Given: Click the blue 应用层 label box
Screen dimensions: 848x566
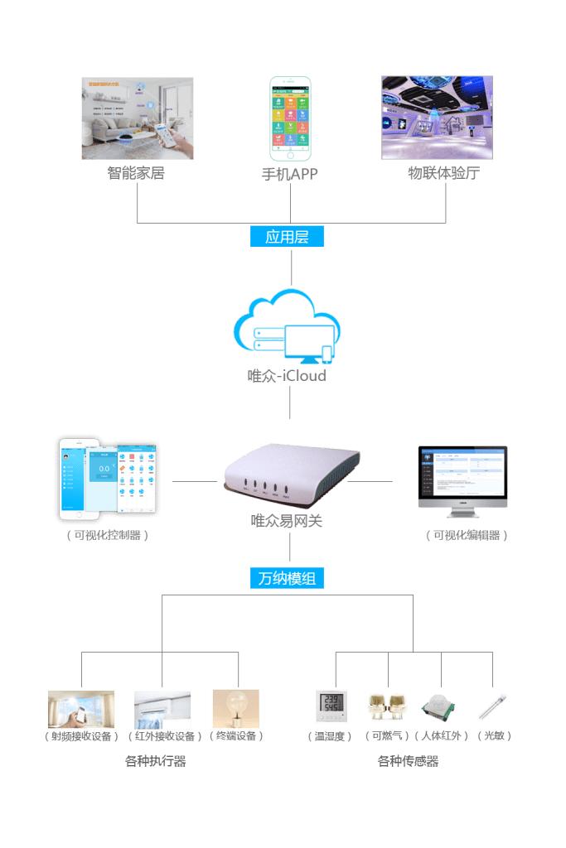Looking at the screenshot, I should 287,237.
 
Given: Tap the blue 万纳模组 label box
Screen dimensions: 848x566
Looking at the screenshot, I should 287,578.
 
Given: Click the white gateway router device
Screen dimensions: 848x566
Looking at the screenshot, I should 291,473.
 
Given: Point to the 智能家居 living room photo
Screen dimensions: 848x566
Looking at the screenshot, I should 138,118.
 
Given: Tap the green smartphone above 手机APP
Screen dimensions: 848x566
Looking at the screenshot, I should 290,119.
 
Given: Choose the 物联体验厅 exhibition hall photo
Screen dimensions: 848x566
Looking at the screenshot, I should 436,118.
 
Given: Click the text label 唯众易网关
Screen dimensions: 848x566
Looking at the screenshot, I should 287,521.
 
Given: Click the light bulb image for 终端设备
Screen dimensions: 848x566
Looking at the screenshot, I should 235,708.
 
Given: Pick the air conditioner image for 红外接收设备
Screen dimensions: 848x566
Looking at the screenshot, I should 162,709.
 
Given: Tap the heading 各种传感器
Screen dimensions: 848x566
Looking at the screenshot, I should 408,761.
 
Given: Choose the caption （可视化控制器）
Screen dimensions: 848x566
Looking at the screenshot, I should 108,535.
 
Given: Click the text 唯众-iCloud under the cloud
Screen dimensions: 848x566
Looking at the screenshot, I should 287,376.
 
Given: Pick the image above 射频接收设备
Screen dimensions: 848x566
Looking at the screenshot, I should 81,709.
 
